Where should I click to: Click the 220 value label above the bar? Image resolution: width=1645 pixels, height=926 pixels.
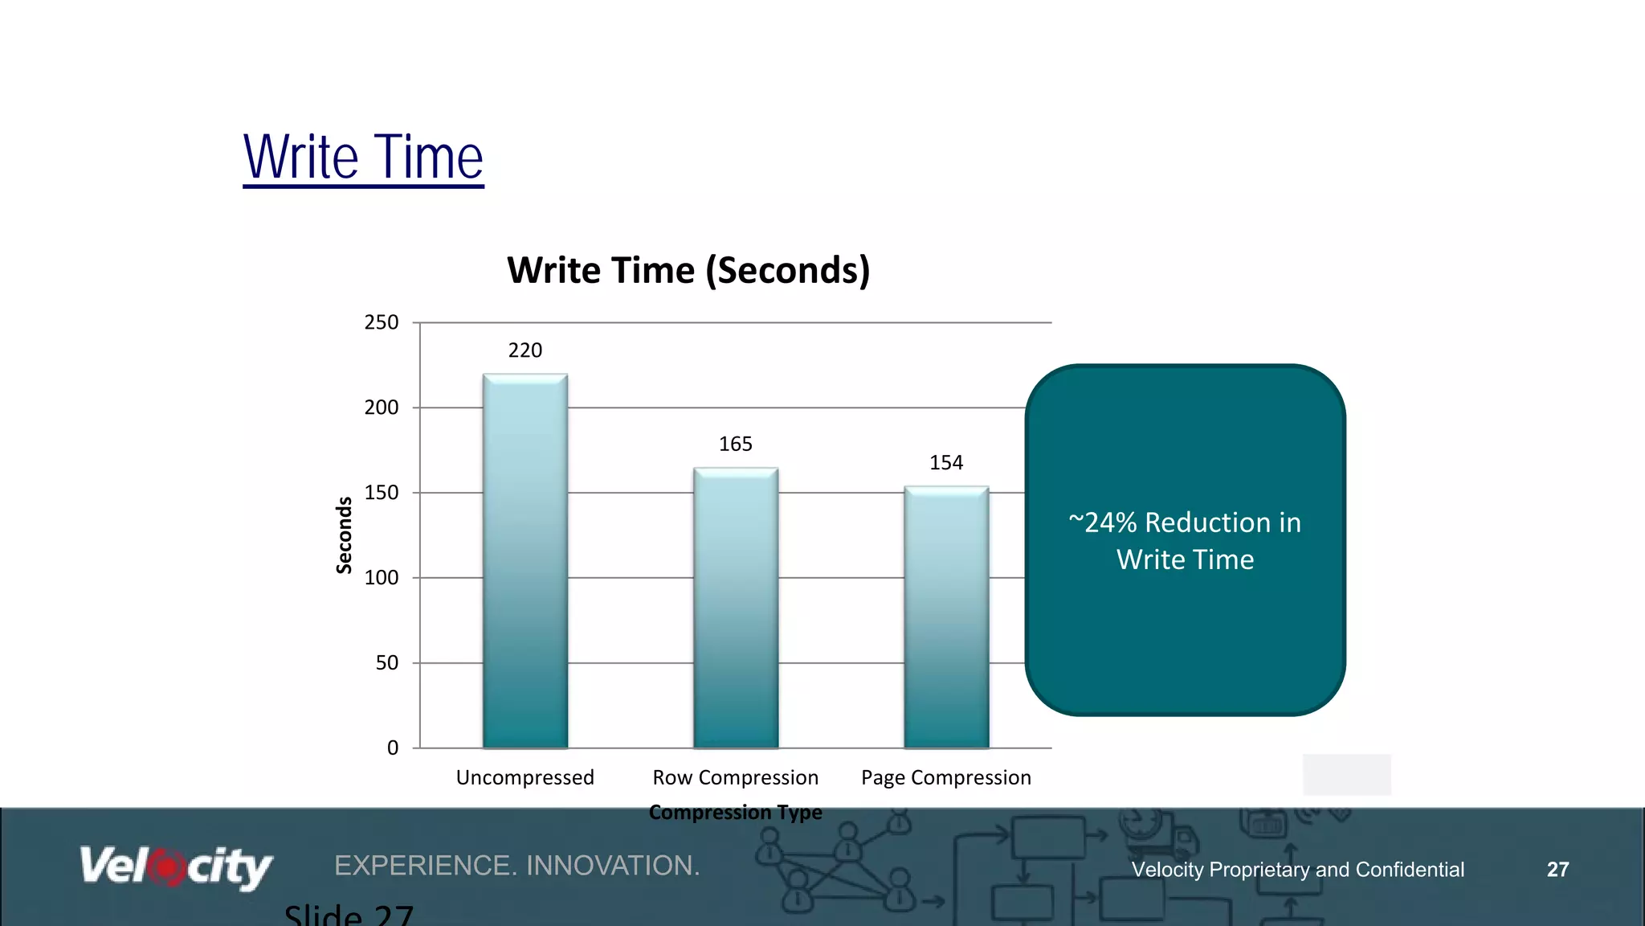click(x=525, y=350)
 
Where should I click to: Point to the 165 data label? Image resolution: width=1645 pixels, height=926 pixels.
click(x=736, y=445)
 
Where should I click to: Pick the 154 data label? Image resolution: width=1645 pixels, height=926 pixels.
click(x=946, y=463)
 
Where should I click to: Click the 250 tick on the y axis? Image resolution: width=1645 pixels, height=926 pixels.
click(x=382, y=323)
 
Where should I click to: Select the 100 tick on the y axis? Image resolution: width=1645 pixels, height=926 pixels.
click(x=382, y=578)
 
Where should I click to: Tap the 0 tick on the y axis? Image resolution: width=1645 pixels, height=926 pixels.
click(x=393, y=748)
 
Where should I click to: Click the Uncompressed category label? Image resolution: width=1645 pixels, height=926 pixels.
click(x=525, y=778)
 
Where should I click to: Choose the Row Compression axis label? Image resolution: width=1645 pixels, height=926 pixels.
click(x=736, y=778)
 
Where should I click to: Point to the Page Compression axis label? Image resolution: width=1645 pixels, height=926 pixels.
click(x=946, y=778)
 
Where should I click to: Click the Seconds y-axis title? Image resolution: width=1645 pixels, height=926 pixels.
click(x=344, y=535)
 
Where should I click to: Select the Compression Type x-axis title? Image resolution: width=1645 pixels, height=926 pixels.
click(x=736, y=813)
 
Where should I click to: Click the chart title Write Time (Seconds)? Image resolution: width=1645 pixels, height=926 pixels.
click(x=688, y=270)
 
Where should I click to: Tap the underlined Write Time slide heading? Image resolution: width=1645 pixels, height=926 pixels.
click(x=363, y=158)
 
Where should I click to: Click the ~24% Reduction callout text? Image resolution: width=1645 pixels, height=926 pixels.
click(x=1185, y=541)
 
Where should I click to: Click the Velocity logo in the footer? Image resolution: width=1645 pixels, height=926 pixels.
click(x=176, y=867)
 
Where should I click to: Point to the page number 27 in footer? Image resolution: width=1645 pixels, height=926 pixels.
click(x=1557, y=870)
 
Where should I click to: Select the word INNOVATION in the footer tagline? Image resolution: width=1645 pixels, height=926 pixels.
click(x=613, y=866)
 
